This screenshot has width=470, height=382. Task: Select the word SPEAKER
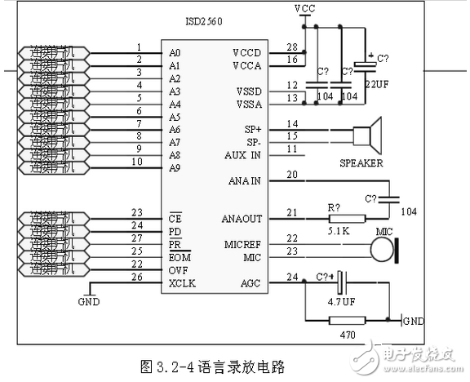(361, 162)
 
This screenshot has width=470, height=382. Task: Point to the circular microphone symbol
(379, 250)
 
